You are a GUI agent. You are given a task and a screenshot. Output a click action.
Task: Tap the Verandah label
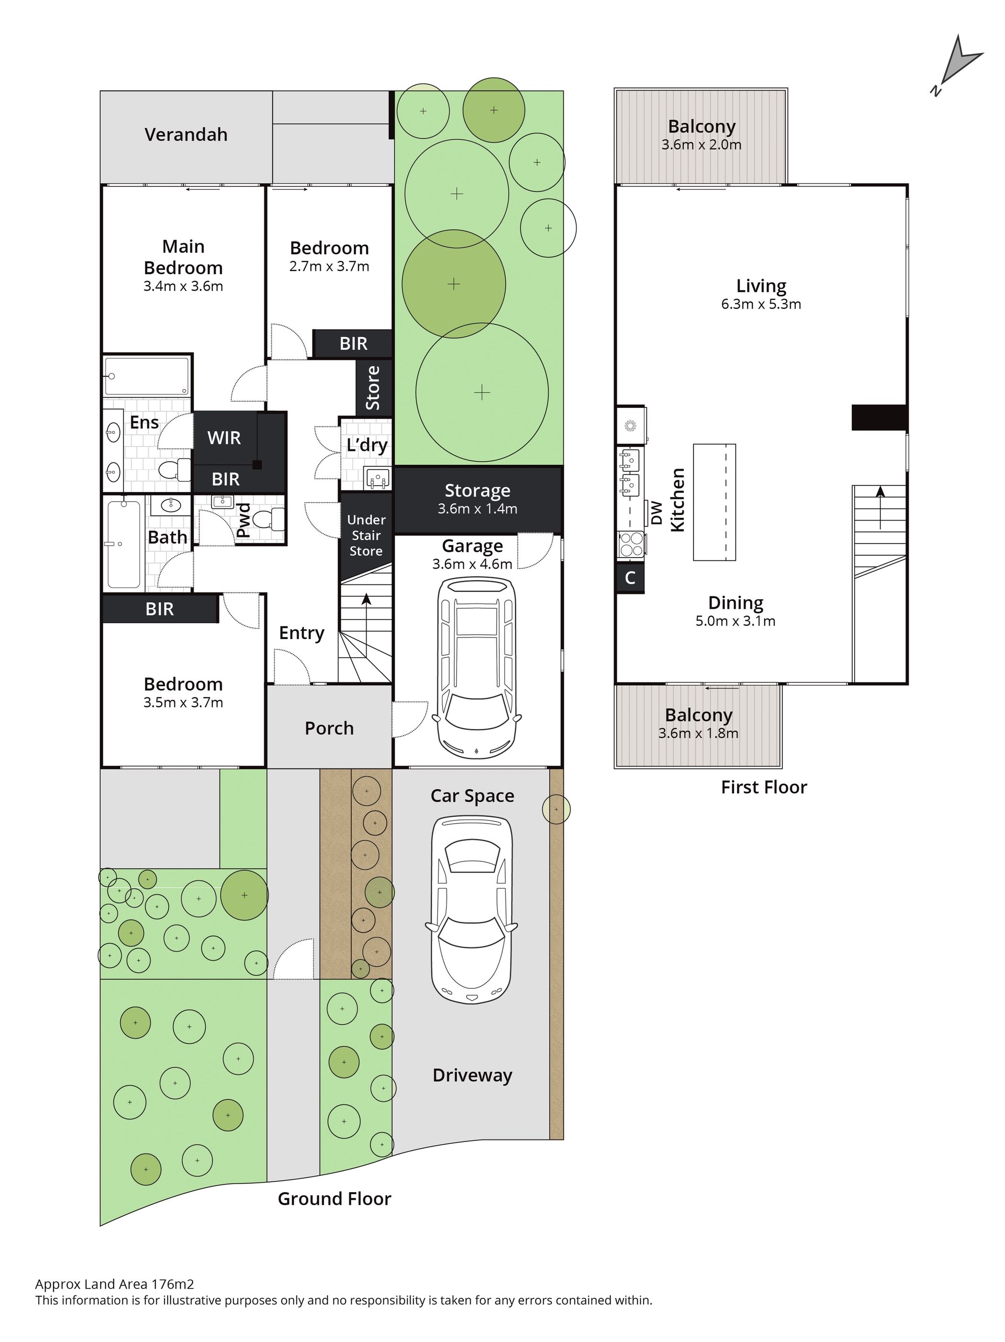tap(186, 134)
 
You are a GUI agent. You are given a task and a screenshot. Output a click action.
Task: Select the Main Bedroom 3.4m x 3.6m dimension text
tap(183, 286)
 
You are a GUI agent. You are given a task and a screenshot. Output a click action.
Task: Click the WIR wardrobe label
tap(224, 437)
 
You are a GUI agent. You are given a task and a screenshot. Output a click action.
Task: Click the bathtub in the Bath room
tap(124, 544)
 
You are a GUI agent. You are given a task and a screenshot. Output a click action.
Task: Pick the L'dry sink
tap(378, 478)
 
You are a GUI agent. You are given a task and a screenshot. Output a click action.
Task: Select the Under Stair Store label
tap(366, 536)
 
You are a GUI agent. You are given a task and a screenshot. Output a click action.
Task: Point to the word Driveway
tap(472, 1076)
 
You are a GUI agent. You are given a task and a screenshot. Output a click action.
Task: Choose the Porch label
tap(329, 728)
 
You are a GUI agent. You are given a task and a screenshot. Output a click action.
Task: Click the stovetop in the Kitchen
tap(631, 544)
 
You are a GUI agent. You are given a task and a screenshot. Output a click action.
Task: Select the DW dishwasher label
tap(656, 513)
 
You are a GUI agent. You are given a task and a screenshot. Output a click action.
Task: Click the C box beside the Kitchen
tap(630, 578)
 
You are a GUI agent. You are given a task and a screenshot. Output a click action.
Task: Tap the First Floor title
tap(764, 787)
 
